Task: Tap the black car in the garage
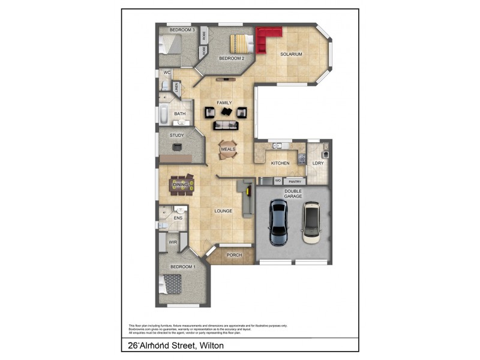[278, 222]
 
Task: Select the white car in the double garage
[312, 222]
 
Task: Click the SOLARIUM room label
[291, 55]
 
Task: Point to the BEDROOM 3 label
[181, 29]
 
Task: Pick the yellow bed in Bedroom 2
[239, 43]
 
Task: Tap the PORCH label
[234, 255]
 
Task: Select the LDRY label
[318, 163]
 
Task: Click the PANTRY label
[295, 181]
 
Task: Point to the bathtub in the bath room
[163, 114]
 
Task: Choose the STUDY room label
[176, 136]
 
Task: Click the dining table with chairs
[181, 185]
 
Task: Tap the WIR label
[173, 242]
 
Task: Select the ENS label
[178, 218]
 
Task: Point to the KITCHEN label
[280, 163]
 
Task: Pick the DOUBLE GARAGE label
[293, 194]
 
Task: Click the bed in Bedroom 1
[172, 282]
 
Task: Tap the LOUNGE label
[224, 211]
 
